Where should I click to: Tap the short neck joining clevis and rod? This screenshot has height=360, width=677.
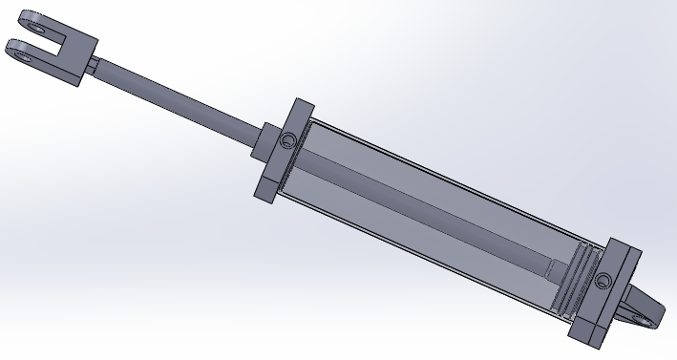click(x=94, y=66)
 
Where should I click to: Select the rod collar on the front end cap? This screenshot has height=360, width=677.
click(x=264, y=141)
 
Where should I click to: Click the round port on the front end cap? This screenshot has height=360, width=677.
click(x=286, y=143)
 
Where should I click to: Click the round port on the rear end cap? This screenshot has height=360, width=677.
click(x=603, y=282)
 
